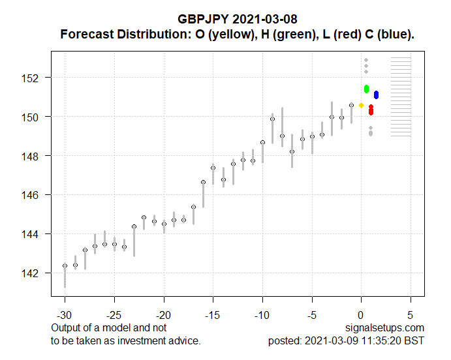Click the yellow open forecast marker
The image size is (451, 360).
point(361,105)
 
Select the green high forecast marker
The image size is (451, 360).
point(367,88)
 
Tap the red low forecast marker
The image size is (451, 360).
point(371,110)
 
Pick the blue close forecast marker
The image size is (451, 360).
point(377,95)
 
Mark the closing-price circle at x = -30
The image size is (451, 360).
point(65,265)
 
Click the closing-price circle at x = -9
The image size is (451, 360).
point(272,119)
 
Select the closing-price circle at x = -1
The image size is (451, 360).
point(351,105)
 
